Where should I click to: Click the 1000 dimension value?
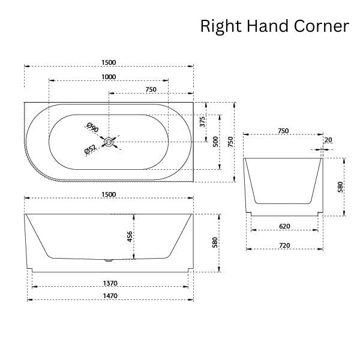click(109, 76)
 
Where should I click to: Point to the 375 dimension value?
click(203, 122)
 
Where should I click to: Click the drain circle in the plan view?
click(109, 142)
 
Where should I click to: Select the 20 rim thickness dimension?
click(327, 140)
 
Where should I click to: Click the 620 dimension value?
click(284, 226)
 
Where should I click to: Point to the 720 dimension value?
click(284, 245)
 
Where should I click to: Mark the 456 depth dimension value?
click(130, 236)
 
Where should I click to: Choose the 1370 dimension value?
click(109, 283)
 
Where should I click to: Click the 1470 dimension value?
click(109, 296)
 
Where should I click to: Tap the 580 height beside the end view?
click(341, 187)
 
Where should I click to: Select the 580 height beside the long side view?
click(215, 242)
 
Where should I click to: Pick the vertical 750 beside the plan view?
click(230, 142)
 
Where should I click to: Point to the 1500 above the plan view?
click(109, 62)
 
